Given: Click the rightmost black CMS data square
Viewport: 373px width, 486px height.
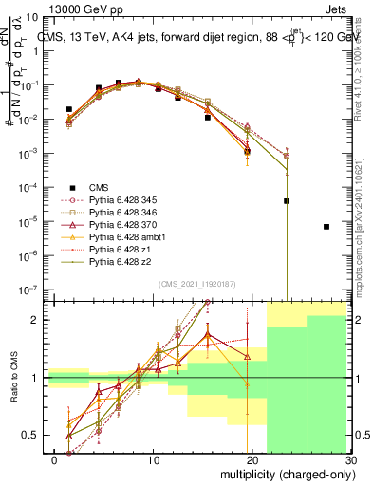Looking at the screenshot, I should tap(326, 227).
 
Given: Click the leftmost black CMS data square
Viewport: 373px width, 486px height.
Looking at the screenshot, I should tap(68, 109).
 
